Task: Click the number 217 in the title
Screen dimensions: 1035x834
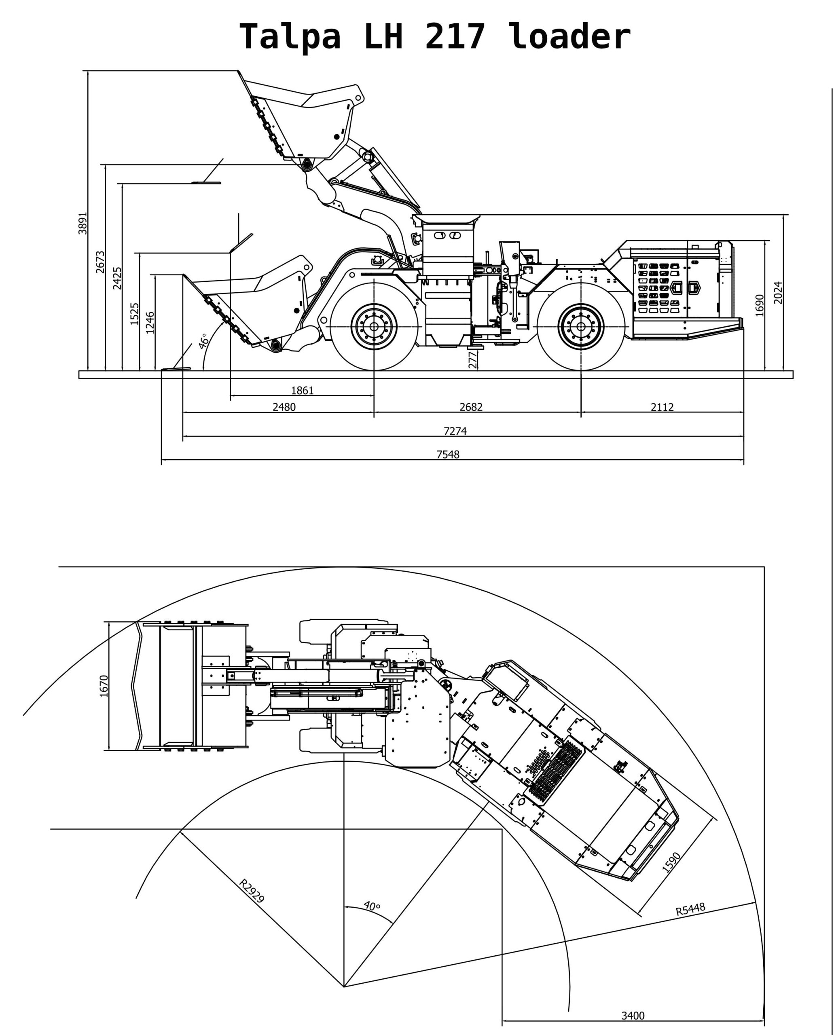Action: tap(455, 36)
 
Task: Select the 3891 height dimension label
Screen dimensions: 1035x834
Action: tap(83, 223)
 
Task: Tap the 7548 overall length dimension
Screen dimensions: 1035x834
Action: tap(448, 454)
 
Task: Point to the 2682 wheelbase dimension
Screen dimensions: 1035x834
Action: tap(471, 407)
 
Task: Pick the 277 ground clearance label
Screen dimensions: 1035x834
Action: tap(473, 360)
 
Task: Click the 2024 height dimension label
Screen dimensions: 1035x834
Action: tap(778, 292)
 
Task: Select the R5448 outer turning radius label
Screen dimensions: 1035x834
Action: tap(690, 909)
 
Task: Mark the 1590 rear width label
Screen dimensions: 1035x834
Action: tap(672, 862)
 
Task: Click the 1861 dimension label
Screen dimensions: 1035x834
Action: tap(302, 391)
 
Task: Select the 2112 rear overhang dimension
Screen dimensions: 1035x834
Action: tap(662, 407)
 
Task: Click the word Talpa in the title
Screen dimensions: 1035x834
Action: tap(290, 36)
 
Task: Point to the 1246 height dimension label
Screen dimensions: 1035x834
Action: tap(150, 322)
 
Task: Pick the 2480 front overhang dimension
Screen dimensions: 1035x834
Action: tap(284, 407)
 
